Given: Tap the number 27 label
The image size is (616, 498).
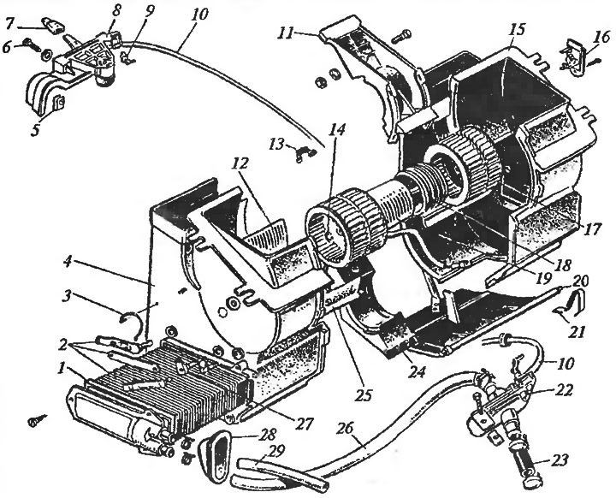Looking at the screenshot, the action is point(305,424).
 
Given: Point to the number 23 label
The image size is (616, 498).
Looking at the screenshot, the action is point(558,459).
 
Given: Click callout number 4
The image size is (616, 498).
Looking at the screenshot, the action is point(68,262).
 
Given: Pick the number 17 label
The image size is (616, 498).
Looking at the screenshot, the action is point(592,228).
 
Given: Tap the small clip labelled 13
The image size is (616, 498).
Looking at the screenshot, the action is point(305,152).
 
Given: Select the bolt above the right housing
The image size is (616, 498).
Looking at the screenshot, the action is point(401,37).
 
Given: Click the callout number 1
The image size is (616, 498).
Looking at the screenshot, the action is point(62,369).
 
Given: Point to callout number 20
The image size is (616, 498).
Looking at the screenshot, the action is point(580,281).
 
